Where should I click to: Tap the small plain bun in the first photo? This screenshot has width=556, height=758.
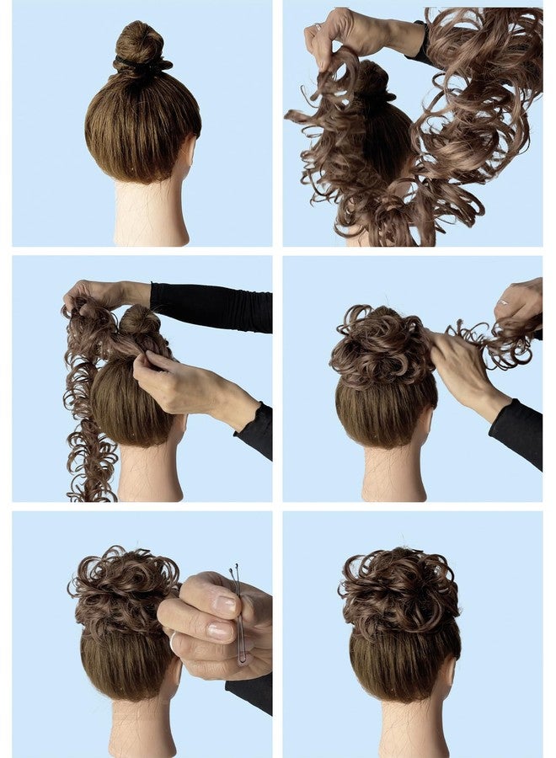click(x=141, y=42)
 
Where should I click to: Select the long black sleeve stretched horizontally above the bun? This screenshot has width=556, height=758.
click(x=211, y=307)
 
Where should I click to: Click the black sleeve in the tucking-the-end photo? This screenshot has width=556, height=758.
click(x=516, y=430)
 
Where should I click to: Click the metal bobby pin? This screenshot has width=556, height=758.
click(x=240, y=615)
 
